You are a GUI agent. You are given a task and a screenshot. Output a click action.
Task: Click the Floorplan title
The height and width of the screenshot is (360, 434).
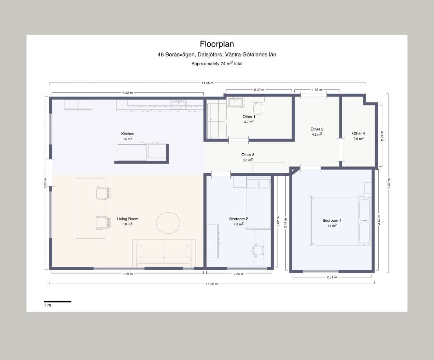pos(217,44)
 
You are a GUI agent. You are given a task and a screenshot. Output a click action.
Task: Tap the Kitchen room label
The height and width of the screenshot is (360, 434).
pos(128,134)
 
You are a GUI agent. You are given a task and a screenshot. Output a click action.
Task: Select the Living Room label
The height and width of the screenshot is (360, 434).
pos(128,219)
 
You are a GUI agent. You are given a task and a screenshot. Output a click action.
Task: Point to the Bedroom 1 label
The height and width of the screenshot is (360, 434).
pos(332,221)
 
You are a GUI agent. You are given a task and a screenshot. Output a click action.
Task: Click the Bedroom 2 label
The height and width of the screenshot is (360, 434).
pos(239,219)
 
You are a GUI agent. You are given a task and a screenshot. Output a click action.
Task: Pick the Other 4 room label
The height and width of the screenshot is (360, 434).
pos(359,133)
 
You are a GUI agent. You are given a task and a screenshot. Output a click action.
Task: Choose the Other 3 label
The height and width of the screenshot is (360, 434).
pos(248,155)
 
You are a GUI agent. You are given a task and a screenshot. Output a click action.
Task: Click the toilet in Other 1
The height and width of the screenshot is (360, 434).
pos(258,106)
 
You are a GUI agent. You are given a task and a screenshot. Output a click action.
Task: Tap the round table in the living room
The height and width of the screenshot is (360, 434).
pos(168,223)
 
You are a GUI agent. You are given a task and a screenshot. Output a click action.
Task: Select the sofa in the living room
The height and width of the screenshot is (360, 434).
pos(164,251)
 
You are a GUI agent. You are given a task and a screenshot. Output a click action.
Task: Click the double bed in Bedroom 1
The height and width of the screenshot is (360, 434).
pos(341,221)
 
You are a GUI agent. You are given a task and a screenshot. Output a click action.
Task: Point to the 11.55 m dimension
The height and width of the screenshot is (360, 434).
pos(207,83)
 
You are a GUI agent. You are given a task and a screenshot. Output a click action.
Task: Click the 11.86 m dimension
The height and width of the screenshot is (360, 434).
pos(212,284)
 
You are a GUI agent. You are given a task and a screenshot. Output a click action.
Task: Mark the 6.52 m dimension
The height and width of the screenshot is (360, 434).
pos(389,184)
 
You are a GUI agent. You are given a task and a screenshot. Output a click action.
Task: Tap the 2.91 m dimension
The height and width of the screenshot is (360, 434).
pos(332,277)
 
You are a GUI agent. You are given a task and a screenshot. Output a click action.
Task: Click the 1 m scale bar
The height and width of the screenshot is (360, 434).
pos(57,301)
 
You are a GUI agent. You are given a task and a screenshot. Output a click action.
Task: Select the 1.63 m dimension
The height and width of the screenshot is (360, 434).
pos(317,90)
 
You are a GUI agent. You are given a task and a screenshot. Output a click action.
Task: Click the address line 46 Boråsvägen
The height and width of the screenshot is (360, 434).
pos(217,55)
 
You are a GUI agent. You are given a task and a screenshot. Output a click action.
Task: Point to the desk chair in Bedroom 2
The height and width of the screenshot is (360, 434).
pos(258,250)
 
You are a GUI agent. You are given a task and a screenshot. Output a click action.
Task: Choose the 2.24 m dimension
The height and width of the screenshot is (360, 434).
pos(382,136)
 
